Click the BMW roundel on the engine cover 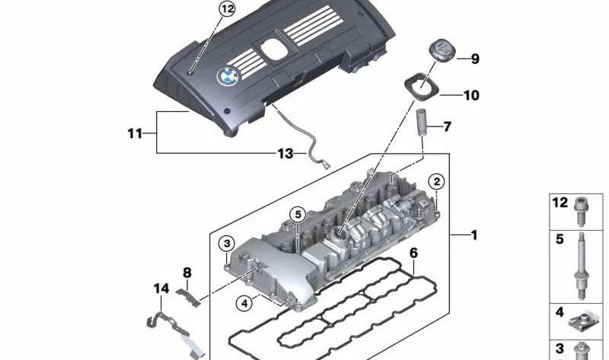pos(227,75)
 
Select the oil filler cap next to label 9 pos(440,55)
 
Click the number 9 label pos(474,59)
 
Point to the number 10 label pos(471,96)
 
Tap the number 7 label pos(448,126)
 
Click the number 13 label pos(285,154)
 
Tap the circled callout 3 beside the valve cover pos(226,244)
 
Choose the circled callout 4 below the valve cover pos(244,303)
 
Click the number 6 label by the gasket pos(413,252)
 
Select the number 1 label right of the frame pos(473,235)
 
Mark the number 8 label pos(187,272)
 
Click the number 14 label pos(161,288)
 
